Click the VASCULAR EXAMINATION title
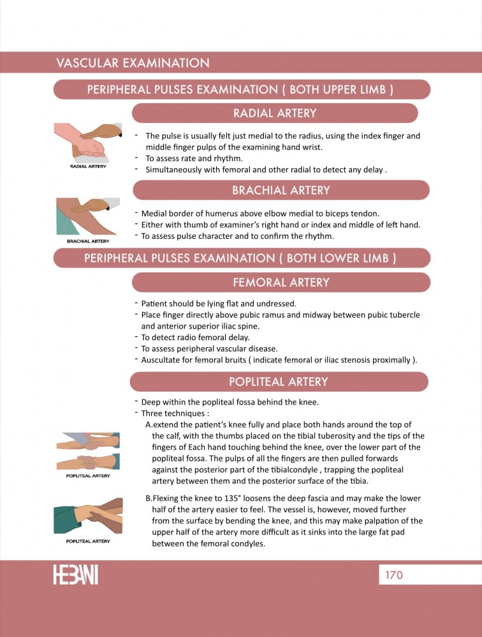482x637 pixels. (133, 63)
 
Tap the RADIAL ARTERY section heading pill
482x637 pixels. (275, 113)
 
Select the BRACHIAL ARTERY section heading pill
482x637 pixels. (281, 190)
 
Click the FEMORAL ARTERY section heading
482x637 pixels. (281, 282)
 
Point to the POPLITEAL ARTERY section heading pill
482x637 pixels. (279, 382)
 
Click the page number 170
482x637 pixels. (394, 575)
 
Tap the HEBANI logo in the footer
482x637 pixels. (76, 575)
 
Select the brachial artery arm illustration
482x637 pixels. (88, 217)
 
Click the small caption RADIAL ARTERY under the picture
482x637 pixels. (88, 166)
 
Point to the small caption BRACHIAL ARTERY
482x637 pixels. (88, 241)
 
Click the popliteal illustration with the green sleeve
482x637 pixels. (88, 516)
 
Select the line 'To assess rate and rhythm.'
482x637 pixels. (194, 159)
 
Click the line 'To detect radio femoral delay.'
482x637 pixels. (195, 337)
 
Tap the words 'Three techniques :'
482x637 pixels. (175, 413)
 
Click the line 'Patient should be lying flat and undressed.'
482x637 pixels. (219, 303)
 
